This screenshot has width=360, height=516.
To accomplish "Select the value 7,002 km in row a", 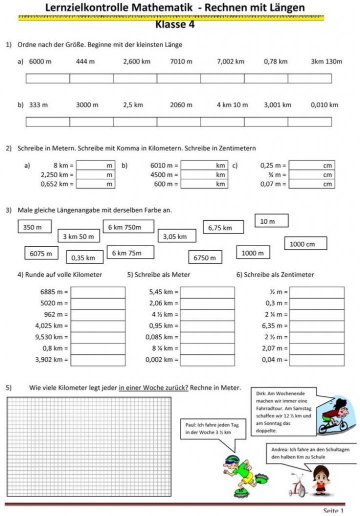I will coord(230,62).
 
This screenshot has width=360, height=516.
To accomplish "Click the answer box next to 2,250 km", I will coord(95,175).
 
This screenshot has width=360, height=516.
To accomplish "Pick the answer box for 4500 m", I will coord(204,175).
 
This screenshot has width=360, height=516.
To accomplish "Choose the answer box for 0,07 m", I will coord(311,184).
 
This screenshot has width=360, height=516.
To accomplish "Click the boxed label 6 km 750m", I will coord(125,227).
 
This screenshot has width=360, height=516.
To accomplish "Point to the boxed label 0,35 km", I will coord(83,258).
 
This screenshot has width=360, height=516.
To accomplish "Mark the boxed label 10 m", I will coord(271,221).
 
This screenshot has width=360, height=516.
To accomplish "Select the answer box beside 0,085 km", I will coord(207,337).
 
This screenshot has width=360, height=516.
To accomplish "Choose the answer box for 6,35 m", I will coord(317,326).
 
